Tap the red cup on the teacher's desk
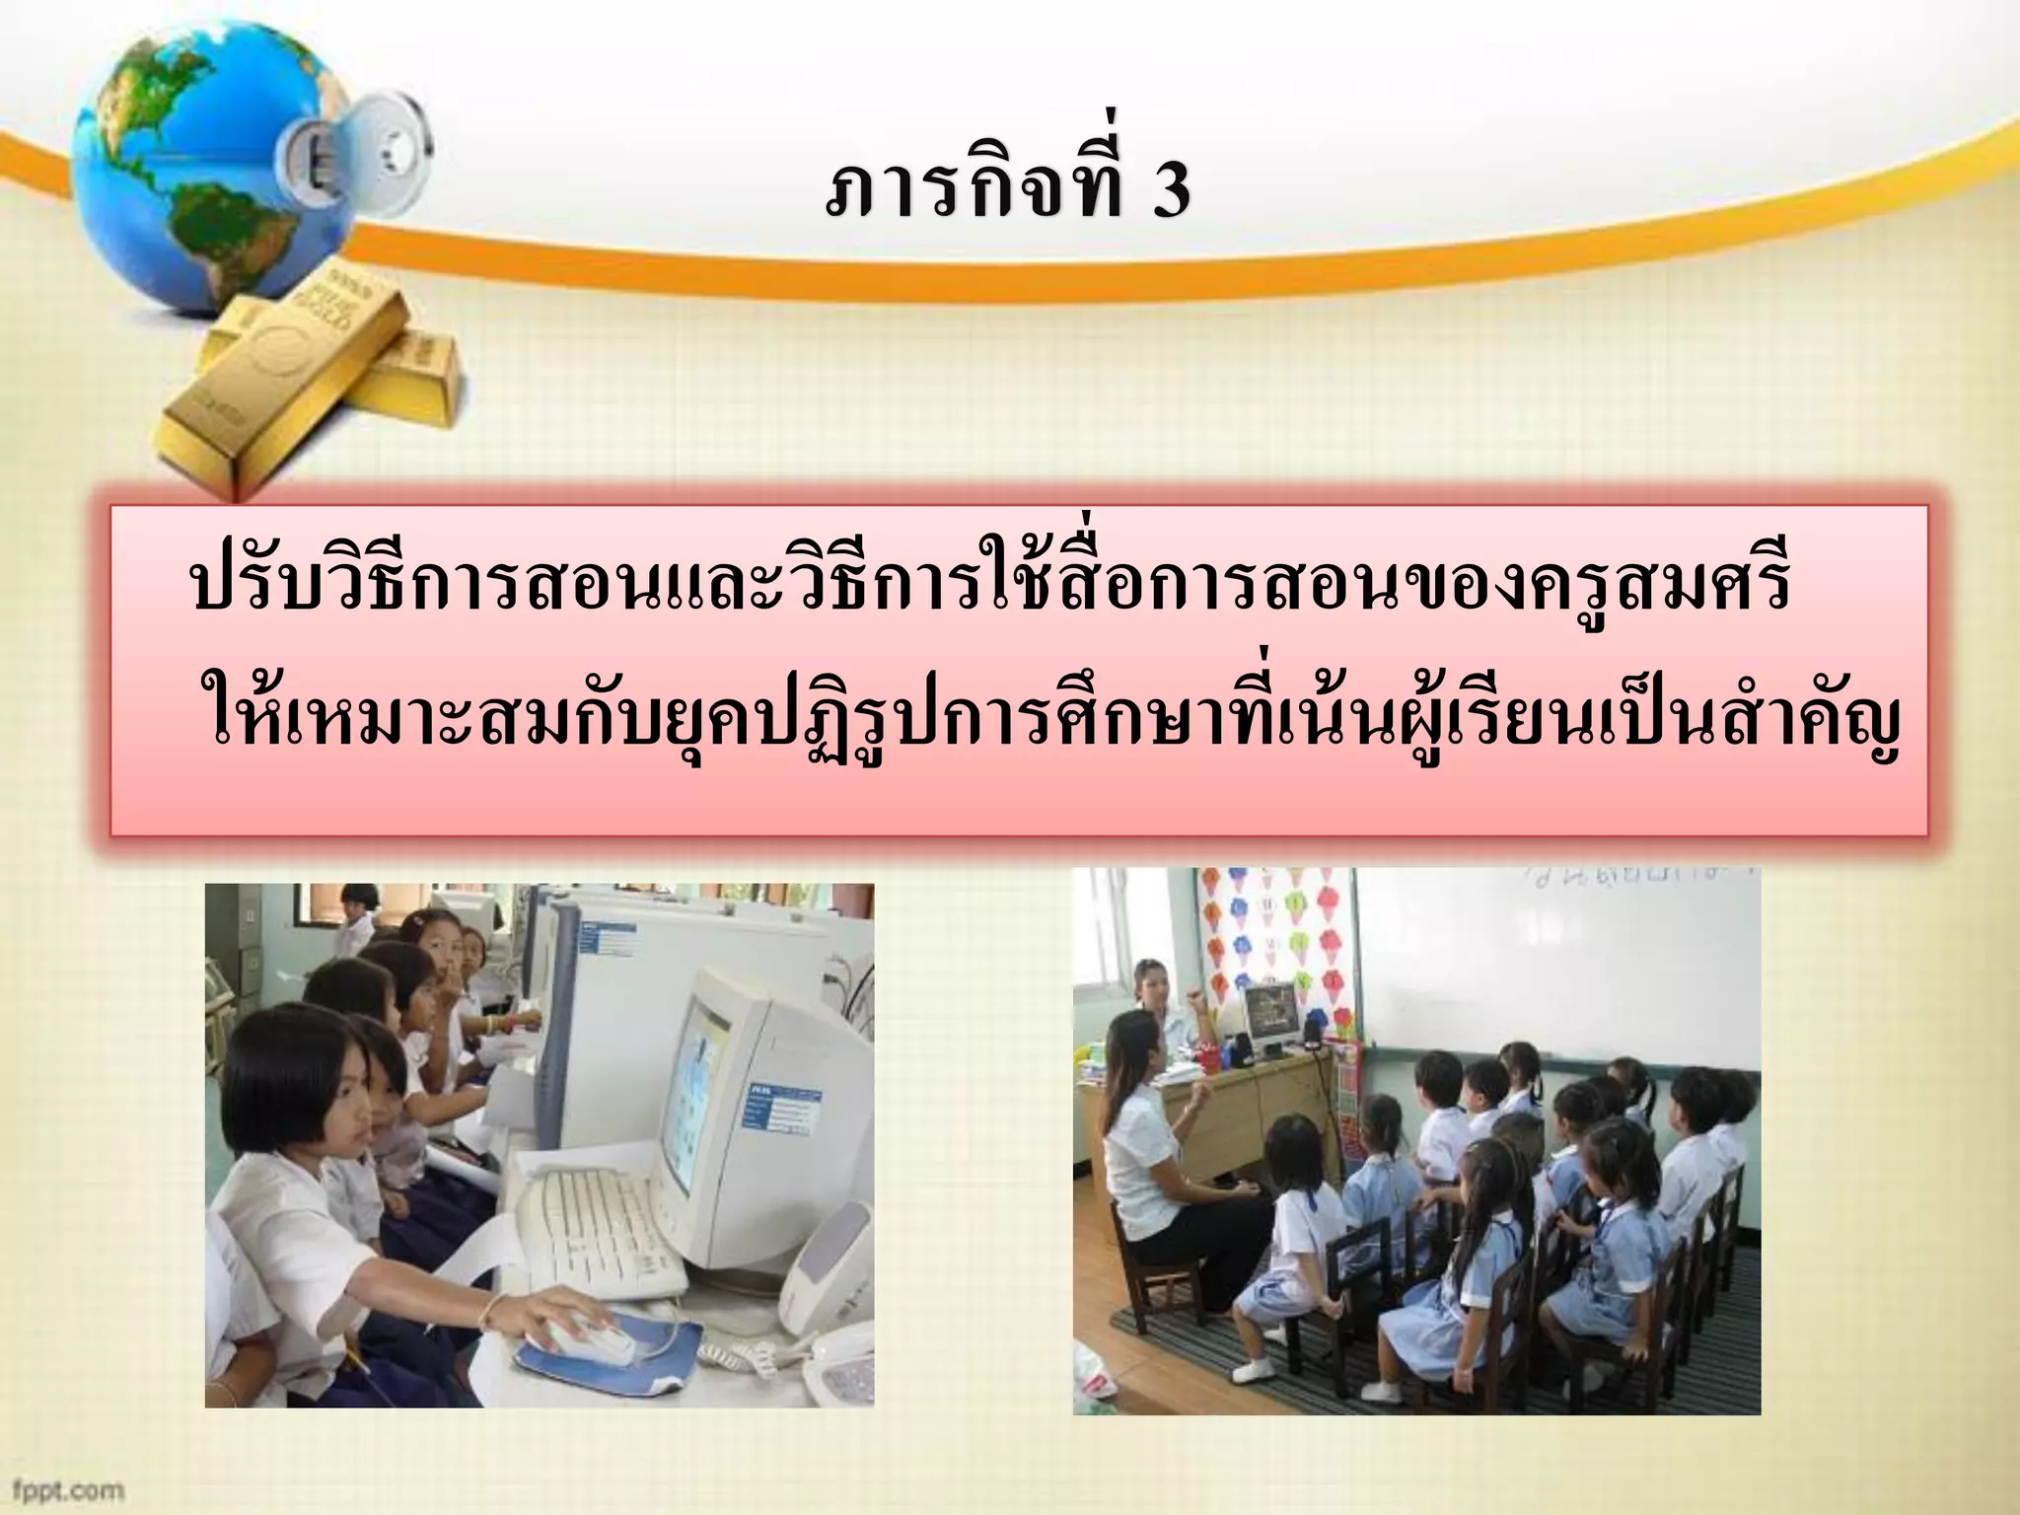[1208, 1061]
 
